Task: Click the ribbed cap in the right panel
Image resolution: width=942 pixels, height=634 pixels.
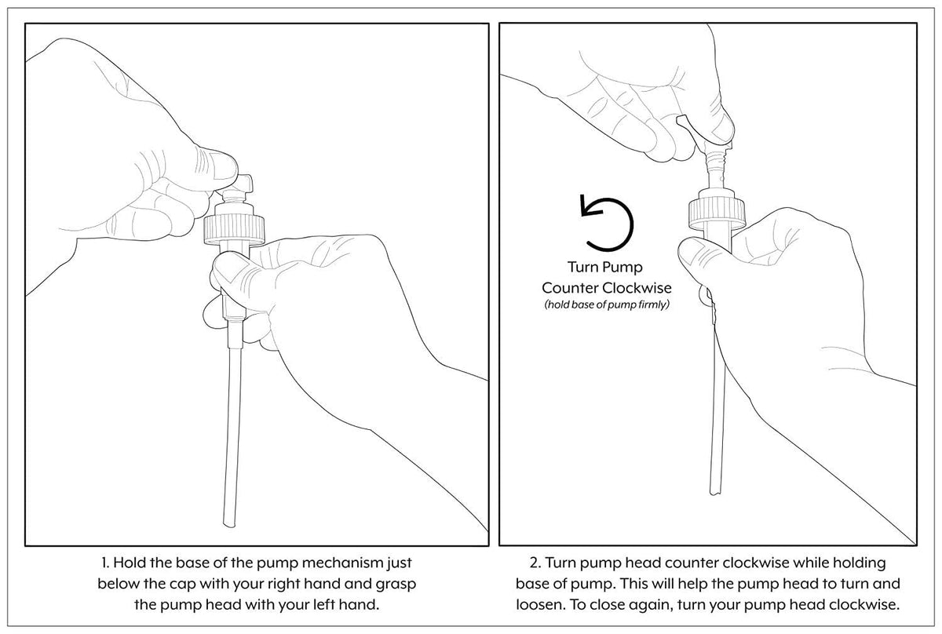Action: (x=712, y=212)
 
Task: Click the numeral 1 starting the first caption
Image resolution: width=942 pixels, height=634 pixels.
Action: (x=104, y=563)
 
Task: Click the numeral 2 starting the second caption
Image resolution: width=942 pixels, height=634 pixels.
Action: (x=534, y=563)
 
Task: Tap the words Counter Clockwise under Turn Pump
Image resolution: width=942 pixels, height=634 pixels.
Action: (x=605, y=286)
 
